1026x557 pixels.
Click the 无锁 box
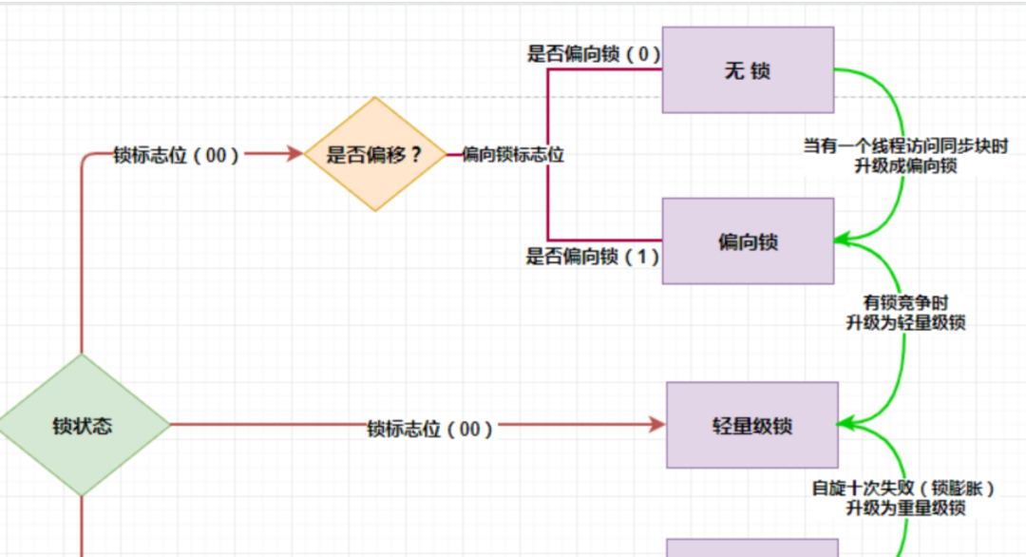tap(748, 70)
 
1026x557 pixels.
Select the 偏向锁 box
tap(748, 241)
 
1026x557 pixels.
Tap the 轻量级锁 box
tap(751, 425)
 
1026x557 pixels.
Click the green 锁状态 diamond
tap(83, 425)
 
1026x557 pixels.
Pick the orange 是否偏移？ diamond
tap(375, 154)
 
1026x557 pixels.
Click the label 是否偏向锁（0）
tap(593, 53)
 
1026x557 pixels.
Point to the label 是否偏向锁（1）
tap(593, 256)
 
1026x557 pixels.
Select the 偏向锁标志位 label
tap(513, 154)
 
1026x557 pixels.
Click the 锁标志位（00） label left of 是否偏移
tap(176, 155)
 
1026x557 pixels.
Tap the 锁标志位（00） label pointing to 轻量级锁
tap(430, 429)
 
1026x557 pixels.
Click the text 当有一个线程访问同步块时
tap(905, 146)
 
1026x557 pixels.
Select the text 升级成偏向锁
tap(905, 165)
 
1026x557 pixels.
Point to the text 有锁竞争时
tap(905, 303)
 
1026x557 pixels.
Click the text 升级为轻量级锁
tap(905, 322)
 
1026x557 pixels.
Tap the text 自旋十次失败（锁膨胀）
tap(905, 489)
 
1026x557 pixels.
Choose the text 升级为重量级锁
tap(905, 508)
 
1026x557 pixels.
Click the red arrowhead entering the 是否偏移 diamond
tap(294, 154)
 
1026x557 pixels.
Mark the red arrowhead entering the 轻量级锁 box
tap(656, 425)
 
